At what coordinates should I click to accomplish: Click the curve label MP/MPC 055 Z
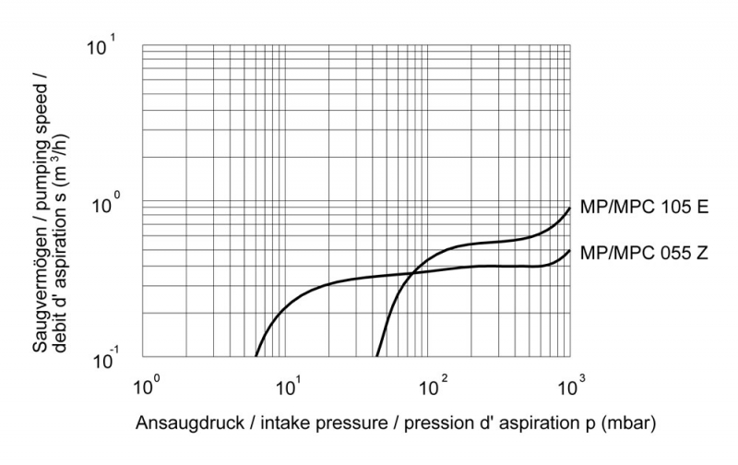pyautogui.click(x=643, y=251)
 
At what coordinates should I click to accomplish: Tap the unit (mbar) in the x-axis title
pyautogui.click(x=631, y=424)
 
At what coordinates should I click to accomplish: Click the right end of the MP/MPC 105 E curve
pyautogui.click(x=570, y=208)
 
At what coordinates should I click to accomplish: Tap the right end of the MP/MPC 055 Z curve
pyautogui.click(x=570, y=250)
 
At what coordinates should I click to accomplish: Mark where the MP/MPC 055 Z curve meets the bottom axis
pyautogui.click(x=256, y=356)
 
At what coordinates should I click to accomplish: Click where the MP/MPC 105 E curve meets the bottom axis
pyautogui.click(x=377, y=356)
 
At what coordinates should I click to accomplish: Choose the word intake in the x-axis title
pyautogui.click(x=280, y=424)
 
